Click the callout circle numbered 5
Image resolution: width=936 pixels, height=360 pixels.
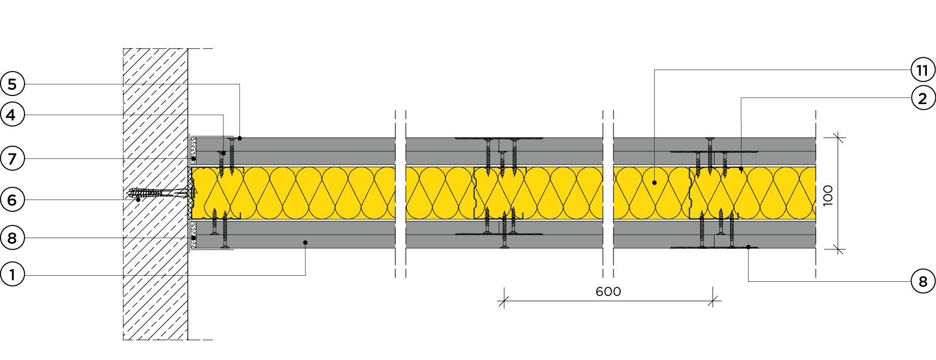tap(12, 84)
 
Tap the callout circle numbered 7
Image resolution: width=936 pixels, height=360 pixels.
tap(12, 159)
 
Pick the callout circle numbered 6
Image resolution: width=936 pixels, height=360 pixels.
tap(12, 200)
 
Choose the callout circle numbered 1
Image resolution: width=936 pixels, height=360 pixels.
tap(12, 275)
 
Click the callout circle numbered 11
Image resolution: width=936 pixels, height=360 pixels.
tap(923, 70)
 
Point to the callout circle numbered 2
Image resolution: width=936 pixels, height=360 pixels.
tap(923, 98)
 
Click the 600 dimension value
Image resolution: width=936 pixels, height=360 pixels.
tap(608, 291)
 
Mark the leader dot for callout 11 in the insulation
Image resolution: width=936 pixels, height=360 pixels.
tap(655, 183)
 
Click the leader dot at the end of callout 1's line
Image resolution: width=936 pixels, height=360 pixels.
tap(305, 243)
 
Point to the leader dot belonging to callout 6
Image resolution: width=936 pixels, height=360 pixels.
tap(138, 200)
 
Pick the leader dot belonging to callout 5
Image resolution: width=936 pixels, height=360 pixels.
tap(239, 138)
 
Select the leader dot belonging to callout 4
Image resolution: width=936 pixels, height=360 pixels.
tap(223, 153)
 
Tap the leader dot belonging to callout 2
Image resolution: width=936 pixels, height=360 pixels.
tap(741, 169)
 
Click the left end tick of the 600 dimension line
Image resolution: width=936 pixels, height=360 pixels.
tap(503, 301)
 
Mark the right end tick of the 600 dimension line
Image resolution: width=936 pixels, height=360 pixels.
tap(714, 301)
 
